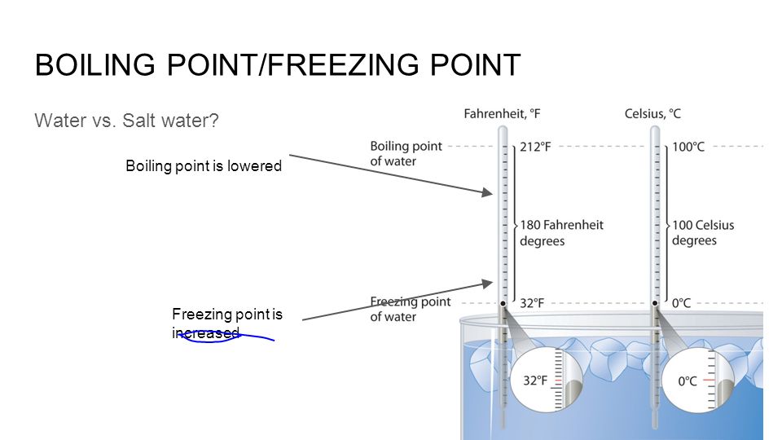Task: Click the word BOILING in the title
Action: [x=94, y=65]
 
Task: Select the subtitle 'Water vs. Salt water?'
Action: [x=127, y=121]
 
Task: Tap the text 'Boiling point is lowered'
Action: [x=204, y=165]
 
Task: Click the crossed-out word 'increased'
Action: [x=205, y=332]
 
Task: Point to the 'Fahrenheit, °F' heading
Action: [x=502, y=114]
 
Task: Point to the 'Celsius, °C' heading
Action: [x=652, y=114]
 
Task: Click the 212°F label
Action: [x=535, y=147]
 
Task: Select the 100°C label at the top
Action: [x=688, y=147]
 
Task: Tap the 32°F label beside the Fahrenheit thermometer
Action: [x=532, y=303]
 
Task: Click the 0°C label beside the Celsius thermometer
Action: [x=681, y=303]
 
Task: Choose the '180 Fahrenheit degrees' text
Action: [x=561, y=233]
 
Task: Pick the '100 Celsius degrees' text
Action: [x=703, y=233]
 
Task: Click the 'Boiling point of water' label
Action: [x=406, y=154]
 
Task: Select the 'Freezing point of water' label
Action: [x=410, y=310]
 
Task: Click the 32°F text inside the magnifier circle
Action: [x=535, y=381]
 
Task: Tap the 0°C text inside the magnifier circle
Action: [x=688, y=381]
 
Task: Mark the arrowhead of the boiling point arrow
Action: [x=488, y=192]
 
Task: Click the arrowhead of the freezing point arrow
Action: [x=488, y=284]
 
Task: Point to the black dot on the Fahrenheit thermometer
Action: [x=503, y=303]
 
